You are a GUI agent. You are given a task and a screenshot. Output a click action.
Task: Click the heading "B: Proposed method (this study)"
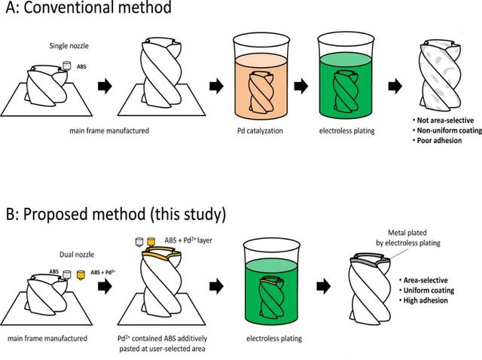[x=114, y=213]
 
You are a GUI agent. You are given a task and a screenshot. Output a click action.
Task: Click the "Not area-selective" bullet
[x=445, y=120]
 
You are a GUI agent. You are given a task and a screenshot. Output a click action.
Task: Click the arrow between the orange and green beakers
[x=301, y=86]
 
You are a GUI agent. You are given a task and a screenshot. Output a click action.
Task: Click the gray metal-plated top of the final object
[x=371, y=261]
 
